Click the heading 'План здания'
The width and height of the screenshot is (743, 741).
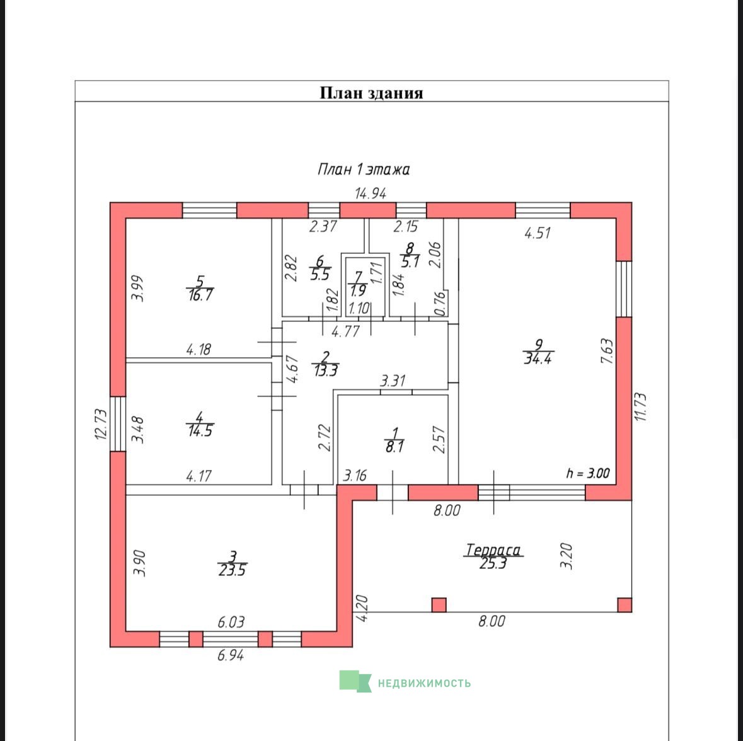point(372,93)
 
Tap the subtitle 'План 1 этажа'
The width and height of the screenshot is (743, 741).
point(364,169)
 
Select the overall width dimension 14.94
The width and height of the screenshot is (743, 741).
point(371,193)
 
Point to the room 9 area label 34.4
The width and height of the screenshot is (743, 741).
point(538,359)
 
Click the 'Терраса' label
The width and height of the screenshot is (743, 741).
point(493,550)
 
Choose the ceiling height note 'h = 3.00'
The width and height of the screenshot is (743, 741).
point(588,473)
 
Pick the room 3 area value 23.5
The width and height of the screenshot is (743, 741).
point(232,570)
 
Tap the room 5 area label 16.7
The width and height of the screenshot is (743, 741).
point(200,295)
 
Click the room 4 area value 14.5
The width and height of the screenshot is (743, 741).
point(200,431)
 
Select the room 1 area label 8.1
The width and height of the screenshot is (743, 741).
point(395,446)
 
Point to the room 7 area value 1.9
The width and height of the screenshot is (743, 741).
point(358,290)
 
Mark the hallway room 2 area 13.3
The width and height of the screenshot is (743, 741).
point(326,370)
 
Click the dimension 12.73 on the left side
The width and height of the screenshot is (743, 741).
point(101,425)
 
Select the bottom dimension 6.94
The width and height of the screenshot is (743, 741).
point(231,655)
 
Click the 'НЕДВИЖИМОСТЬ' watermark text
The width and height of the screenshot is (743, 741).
point(424,683)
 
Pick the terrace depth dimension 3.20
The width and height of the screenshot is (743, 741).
point(567,556)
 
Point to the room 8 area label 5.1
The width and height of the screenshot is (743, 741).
point(410,262)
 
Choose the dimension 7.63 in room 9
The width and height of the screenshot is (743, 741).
point(607,351)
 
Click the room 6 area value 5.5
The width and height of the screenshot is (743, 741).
point(320,274)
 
